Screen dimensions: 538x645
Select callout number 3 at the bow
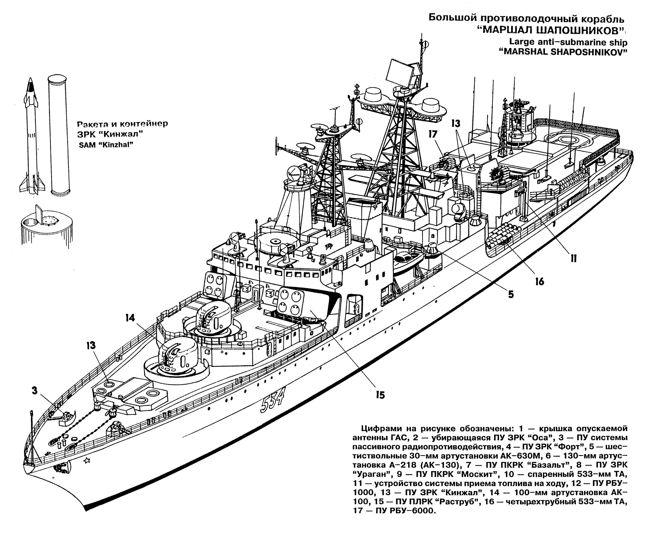34,391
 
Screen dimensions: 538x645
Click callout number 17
433,134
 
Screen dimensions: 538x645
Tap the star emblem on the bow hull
87,460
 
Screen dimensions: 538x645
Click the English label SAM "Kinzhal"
106,145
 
